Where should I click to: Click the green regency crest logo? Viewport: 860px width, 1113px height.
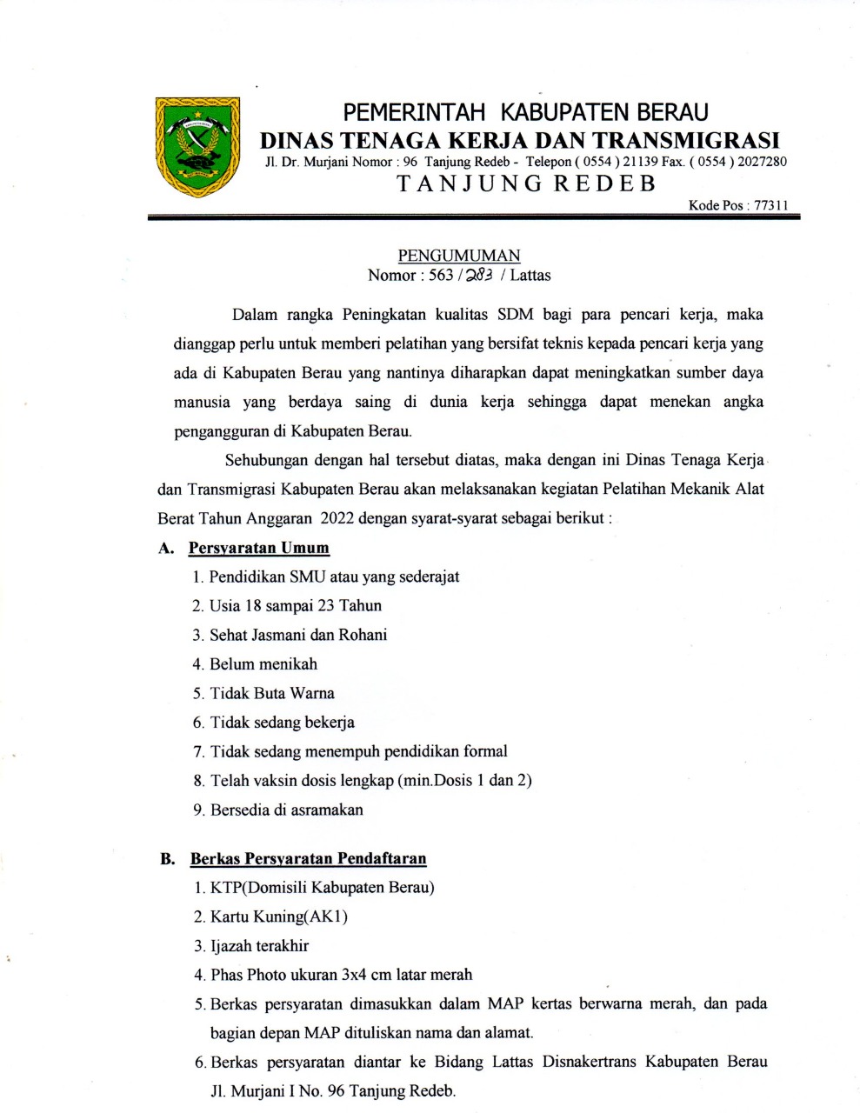coord(197,146)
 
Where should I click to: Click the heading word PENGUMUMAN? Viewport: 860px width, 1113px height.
coord(458,256)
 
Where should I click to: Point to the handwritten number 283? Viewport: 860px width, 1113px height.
coord(478,275)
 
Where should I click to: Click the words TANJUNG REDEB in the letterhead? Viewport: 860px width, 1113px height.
coord(526,183)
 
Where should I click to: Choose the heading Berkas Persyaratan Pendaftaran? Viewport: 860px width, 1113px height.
coord(308,859)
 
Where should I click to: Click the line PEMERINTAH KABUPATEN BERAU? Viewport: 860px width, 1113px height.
coord(526,112)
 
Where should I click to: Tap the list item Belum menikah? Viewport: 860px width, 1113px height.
coord(263,664)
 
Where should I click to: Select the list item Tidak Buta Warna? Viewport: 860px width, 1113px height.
coord(272,694)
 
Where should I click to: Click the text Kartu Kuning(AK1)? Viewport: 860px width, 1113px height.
coord(279,916)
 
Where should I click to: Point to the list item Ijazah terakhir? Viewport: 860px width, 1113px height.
coord(259,946)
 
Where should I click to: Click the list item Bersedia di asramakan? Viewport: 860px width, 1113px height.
coord(287,810)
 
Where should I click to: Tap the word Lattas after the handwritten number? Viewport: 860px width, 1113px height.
coord(530,276)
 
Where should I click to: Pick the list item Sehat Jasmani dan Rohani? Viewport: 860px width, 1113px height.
coord(298,635)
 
